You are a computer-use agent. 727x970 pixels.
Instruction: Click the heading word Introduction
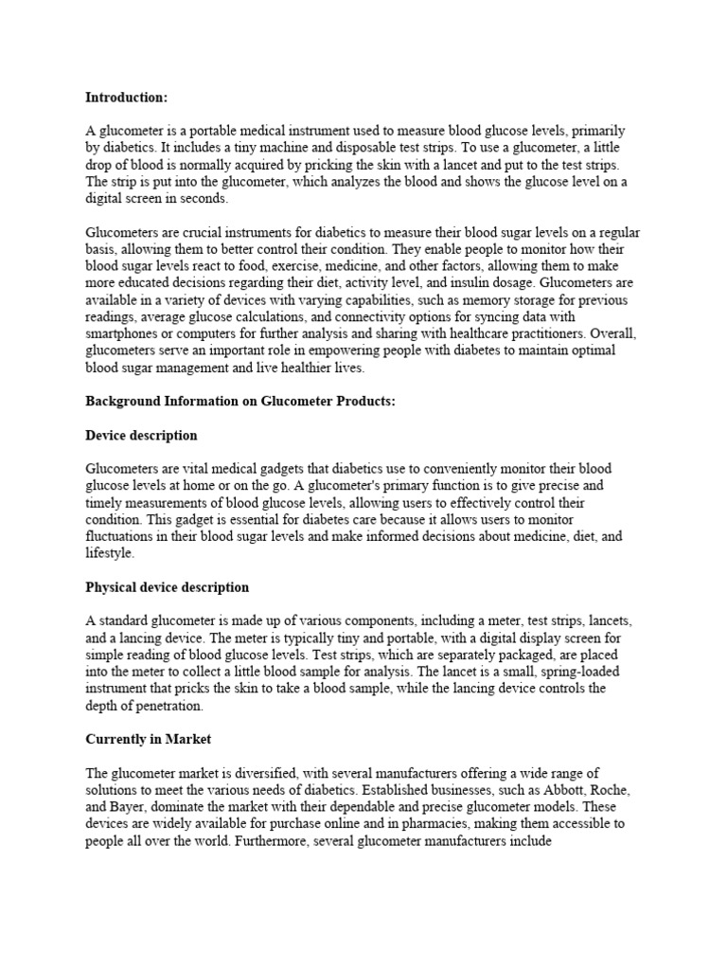[127, 97]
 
